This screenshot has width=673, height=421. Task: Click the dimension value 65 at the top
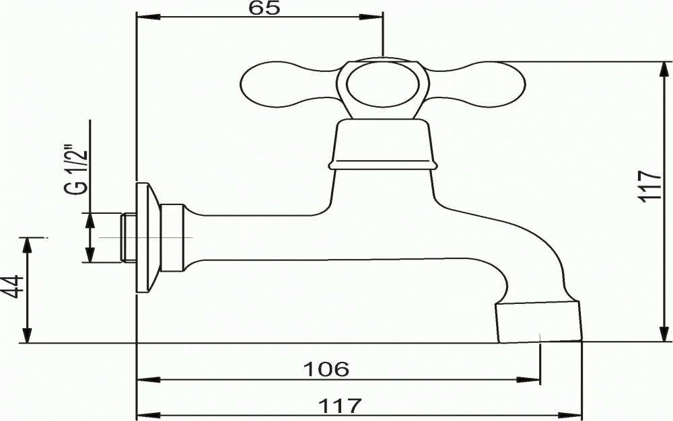264,8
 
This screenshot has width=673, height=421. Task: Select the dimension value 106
326,369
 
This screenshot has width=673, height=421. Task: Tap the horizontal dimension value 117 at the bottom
340,406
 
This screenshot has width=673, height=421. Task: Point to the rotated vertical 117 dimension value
649,185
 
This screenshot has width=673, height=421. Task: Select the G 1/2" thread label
77,171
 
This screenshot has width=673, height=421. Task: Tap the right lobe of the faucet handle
476,85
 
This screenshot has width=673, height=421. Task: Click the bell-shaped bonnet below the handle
382,145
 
